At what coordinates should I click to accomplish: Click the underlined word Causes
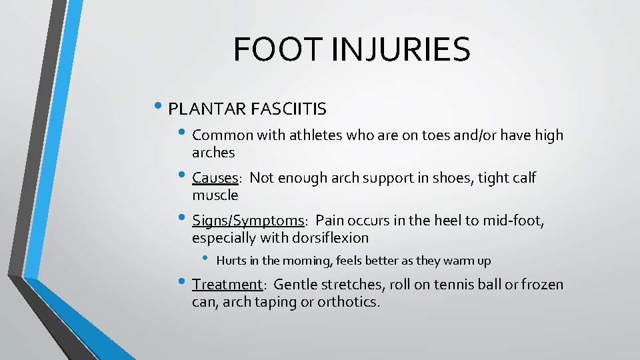click(x=215, y=178)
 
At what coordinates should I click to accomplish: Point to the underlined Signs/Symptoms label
click(x=247, y=221)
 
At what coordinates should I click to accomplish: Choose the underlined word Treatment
click(x=227, y=285)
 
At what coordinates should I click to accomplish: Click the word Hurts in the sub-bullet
click(x=230, y=261)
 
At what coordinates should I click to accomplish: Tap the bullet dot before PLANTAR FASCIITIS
click(x=162, y=106)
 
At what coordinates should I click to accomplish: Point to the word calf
click(x=522, y=178)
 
